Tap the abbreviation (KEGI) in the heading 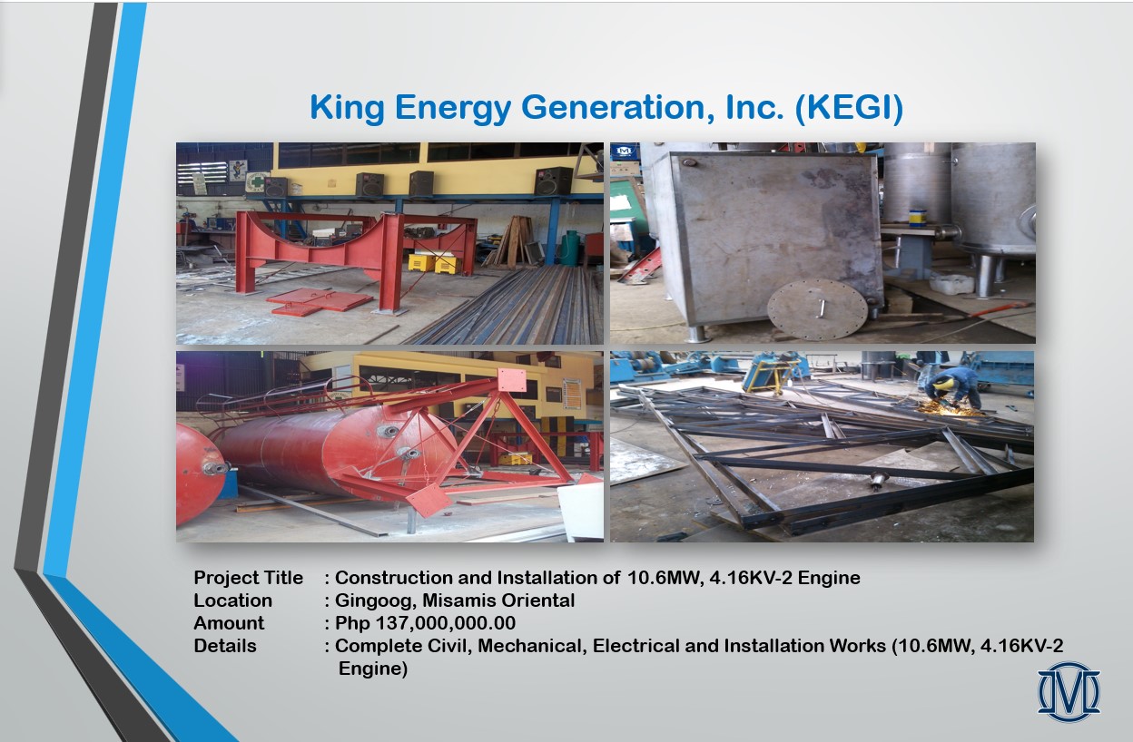point(849,108)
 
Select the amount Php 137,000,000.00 point(426,623)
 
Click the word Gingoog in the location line point(375,601)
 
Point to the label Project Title point(249,578)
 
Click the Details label point(225,646)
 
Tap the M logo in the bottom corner point(1069,692)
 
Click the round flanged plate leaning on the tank point(817,308)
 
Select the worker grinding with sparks point(953,388)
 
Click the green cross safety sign point(258,181)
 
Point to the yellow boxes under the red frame point(434,264)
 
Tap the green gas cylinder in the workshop point(570,249)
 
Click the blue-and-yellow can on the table point(918,219)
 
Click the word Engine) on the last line point(373,669)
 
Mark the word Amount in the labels point(229,623)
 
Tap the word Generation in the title point(618,108)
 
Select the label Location point(232,600)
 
